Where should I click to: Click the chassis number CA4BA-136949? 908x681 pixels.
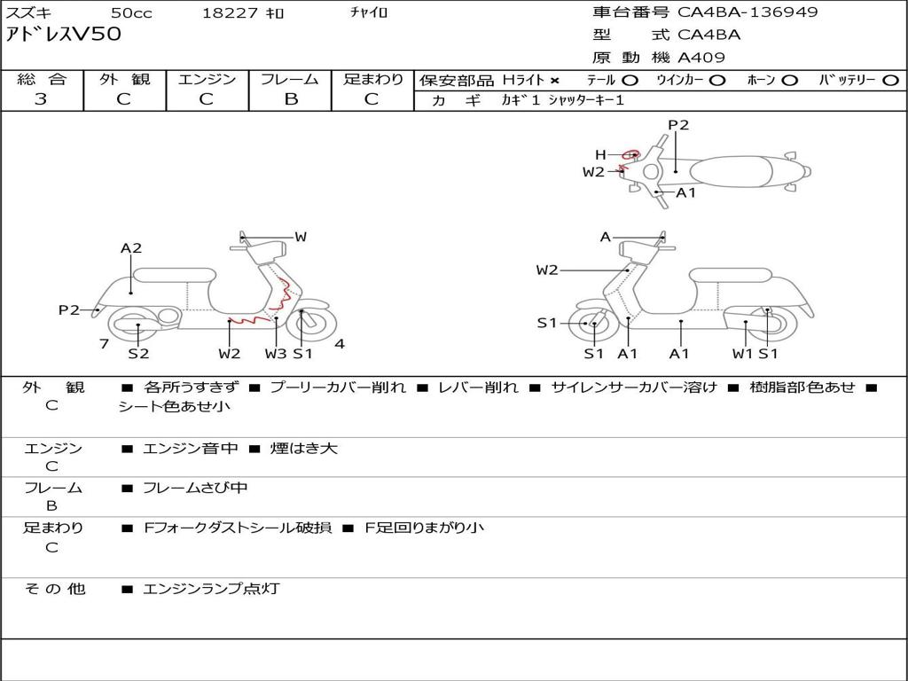[x=748, y=12]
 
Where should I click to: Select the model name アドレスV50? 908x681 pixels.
[x=63, y=34]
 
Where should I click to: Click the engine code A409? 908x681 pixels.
[x=701, y=58]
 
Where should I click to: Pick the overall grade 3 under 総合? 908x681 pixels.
[x=41, y=99]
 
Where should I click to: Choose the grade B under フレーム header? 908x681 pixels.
[x=291, y=99]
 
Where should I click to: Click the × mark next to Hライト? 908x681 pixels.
[x=555, y=81]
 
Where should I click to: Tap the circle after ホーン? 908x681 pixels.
[x=790, y=81]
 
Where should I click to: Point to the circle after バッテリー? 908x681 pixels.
[x=890, y=81]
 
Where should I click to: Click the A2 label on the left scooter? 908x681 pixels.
[x=131, y=248]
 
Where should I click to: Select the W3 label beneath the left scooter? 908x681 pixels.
[x=276, y=353]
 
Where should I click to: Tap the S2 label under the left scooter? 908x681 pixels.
[x=138, y=353]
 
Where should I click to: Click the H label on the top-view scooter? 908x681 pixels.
[x=600, y=154]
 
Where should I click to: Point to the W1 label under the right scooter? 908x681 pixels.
[x=742, y=353]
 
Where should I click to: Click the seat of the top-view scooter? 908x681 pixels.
[x=732, y=171]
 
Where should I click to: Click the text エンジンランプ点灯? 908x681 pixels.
[x=211, y=589]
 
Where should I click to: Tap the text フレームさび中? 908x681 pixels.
[x=195, y=489]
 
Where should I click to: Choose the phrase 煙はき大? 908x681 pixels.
[x=303, y=448]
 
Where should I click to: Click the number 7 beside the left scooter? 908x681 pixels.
[x=105, y=344]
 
